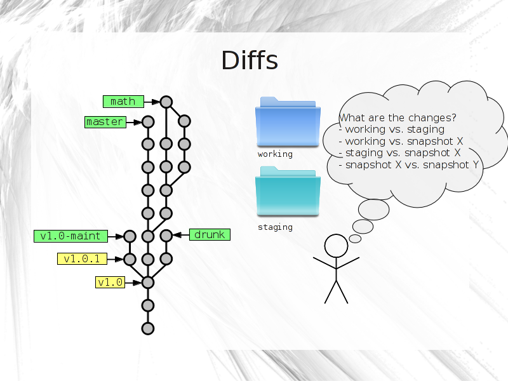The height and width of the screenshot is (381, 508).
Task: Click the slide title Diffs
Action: [250, 60]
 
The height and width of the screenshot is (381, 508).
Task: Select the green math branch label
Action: [123, 102]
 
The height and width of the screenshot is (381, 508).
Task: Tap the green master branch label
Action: [105, 122]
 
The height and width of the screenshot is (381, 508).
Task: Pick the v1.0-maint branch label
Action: [70, 236]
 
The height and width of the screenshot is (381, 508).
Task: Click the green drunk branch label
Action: [210, 234]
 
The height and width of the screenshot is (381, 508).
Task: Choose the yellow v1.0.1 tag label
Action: [83, 259]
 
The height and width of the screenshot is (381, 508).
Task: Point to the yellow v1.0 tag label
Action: [110, 282]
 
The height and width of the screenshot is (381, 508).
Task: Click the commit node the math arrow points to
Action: [166, 102]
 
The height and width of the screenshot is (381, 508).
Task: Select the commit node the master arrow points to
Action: [148, 122]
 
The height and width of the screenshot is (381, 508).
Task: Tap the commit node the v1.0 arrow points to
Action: [148, 283]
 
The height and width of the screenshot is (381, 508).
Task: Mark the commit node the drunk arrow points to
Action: [166, 236]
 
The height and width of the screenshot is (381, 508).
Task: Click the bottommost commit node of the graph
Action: [148, 328]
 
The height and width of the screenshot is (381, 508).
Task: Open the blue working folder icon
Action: [288, 122]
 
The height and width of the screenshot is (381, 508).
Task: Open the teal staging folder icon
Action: [288, 192]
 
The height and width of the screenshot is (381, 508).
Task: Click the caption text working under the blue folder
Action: [275, 154]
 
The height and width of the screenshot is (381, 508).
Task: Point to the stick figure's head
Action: [337, 246]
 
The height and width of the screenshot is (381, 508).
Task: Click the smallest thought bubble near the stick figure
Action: [355, 239]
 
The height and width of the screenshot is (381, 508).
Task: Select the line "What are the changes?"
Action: [398, 117]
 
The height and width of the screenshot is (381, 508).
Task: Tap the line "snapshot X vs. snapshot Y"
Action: [411, 165]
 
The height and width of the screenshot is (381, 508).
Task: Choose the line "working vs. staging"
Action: [394, 130]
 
